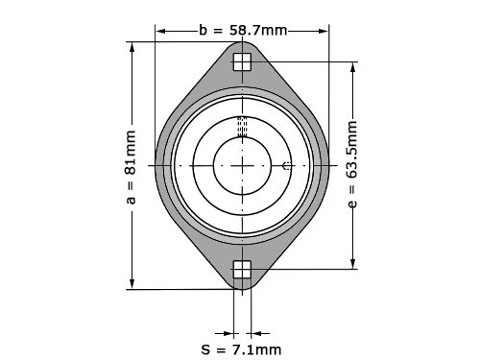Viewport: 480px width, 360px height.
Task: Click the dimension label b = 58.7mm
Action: click(243, 31)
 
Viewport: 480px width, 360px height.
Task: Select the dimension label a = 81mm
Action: click(131, 167)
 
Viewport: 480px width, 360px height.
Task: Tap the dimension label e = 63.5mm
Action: click(351, 164)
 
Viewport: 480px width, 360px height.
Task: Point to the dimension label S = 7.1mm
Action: click(241, 349)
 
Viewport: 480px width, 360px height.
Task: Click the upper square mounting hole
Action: click(242, 61)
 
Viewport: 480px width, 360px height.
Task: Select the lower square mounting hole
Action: click(242, 270)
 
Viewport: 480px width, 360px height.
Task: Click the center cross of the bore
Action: click(242, 166)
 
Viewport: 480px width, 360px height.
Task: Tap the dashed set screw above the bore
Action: click(242, 127)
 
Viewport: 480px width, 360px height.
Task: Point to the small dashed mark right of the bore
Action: click(287, 166)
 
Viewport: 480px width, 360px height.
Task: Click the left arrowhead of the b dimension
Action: click(160, 31)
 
